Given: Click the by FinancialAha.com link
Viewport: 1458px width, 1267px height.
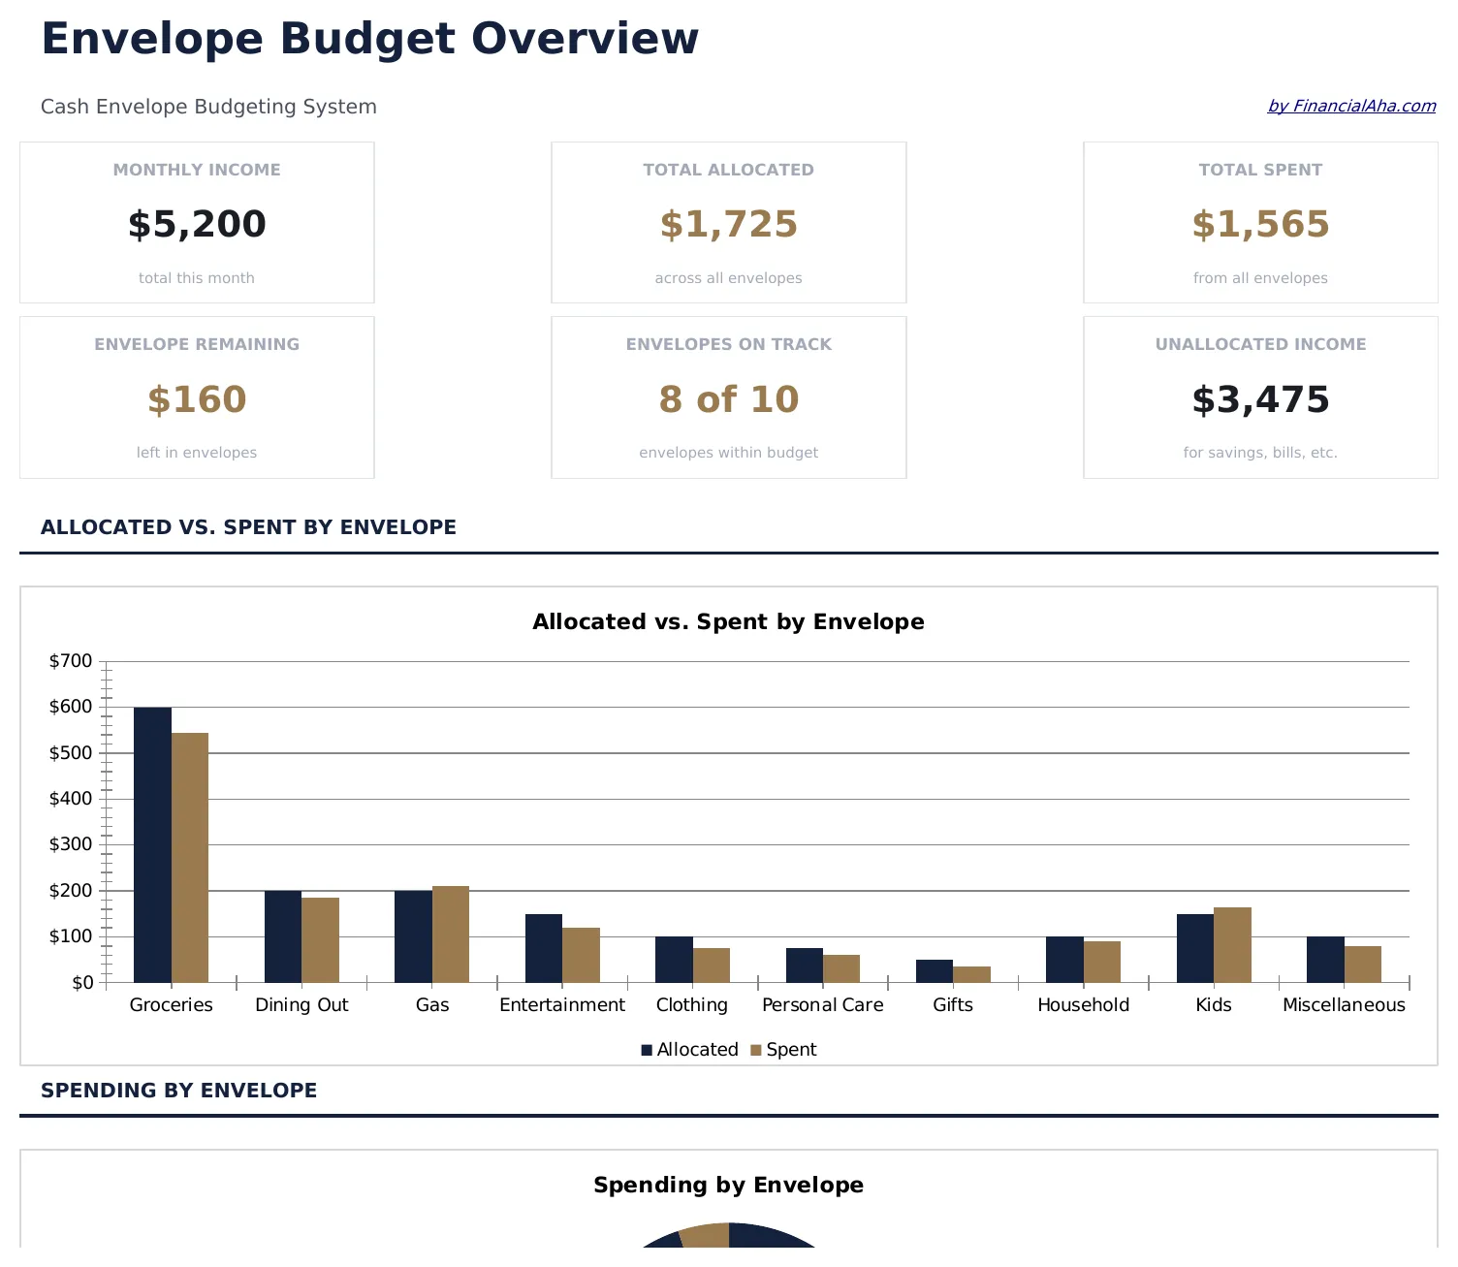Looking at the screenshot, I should [1351, 106].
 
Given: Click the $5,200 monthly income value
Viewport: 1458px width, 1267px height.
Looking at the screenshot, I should [197, 224].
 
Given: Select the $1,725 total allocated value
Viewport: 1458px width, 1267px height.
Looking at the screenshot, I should [728, 224].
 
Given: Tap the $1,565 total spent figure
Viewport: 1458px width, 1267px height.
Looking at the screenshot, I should [1260, 224].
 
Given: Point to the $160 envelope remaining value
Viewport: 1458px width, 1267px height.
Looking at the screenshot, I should [197, 399].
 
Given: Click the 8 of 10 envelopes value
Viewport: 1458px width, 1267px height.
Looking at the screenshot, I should [728, 399].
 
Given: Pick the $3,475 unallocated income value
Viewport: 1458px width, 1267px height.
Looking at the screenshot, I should [1260, 399].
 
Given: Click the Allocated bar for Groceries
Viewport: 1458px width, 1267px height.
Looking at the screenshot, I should [152, 844].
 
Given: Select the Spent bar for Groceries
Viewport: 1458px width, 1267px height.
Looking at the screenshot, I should [190, 857].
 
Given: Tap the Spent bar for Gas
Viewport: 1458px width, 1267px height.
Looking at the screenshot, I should [451, 934].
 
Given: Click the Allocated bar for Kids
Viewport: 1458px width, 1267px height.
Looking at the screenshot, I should [1194, 948].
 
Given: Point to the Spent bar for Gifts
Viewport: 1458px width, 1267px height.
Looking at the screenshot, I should [971, 974].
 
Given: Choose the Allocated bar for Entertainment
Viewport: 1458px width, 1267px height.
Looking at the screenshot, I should [543, 948].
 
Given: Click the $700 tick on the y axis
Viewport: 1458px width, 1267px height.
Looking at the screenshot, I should [71, 661].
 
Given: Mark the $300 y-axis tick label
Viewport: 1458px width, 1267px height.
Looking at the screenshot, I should [71, 844].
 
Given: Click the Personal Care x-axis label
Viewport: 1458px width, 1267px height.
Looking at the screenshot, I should [822, 1005].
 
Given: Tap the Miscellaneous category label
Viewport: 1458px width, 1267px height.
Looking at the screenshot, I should [1344, 1005].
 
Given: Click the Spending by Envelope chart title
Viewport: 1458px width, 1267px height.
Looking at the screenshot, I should [728, 1185].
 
